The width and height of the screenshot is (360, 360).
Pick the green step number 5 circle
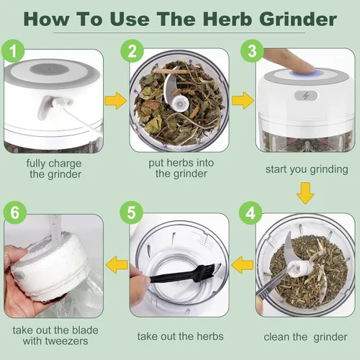(131, 214)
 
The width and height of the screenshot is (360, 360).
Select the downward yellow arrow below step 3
(305, 193)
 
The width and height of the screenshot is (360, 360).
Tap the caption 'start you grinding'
(305, 169)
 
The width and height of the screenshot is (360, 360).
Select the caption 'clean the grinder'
(305, 336)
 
